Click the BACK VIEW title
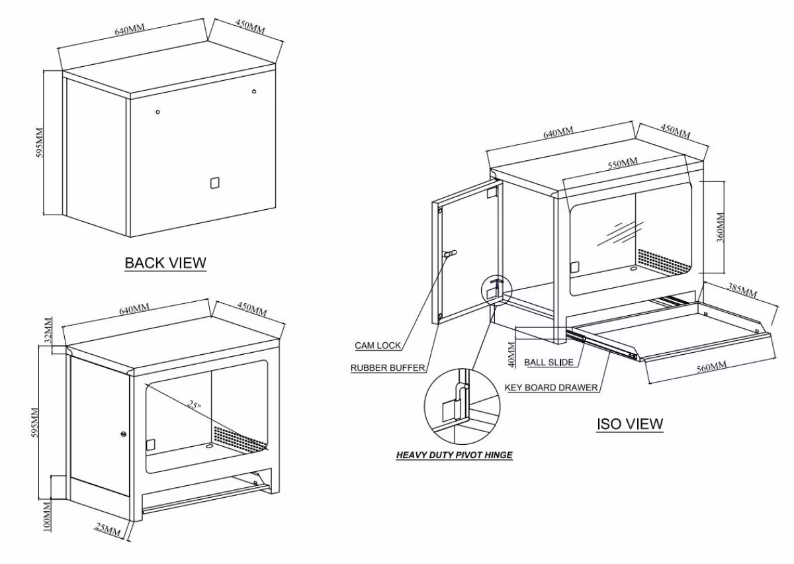click(165, 263)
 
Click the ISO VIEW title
click(629, 423)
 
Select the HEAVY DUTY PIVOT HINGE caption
click(454, 455)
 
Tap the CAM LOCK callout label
click(377, 346)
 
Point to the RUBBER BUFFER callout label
click(388, 368)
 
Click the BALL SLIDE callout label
click(549, 362)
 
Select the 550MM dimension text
click(623, 163)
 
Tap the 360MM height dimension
click(721, 226)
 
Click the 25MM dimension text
click(108, 529)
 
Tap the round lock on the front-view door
click(124, 434)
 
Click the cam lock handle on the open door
click(450, 254)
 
